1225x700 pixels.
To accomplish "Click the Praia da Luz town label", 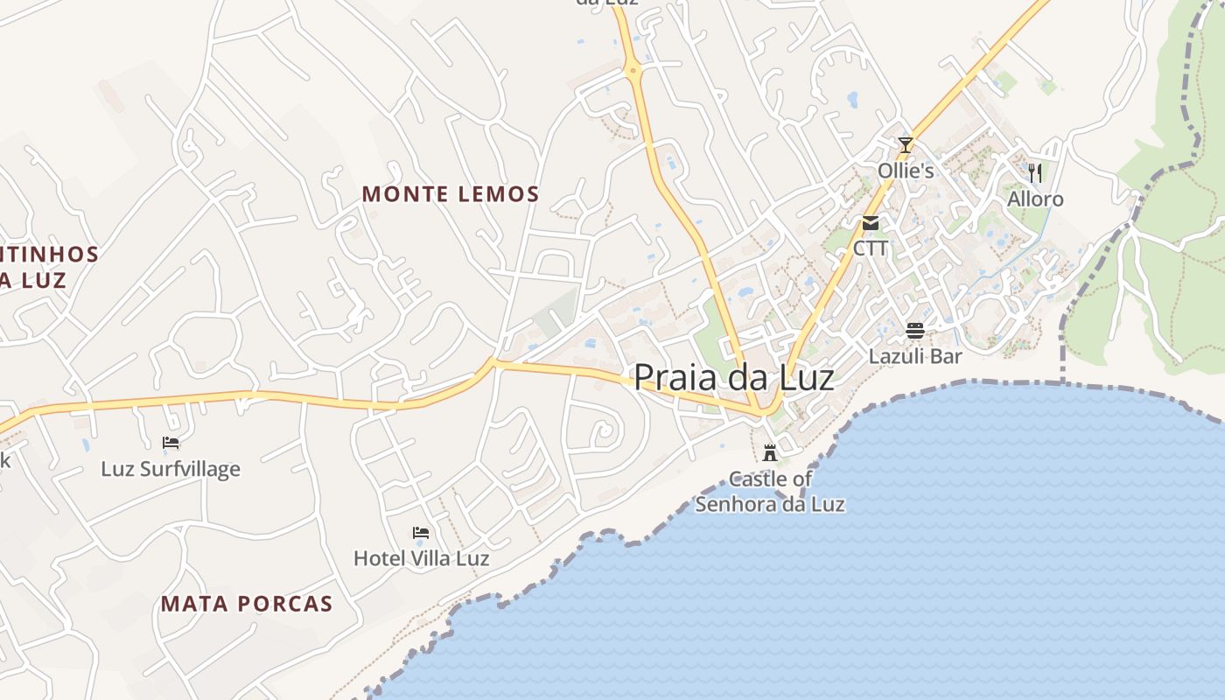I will pos(733,377).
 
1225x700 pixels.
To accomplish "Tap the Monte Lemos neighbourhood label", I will pos(451,194).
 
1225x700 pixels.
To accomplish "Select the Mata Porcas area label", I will pos(247,604).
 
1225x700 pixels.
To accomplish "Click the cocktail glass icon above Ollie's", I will pos(906,145).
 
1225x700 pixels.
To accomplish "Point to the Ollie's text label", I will pos(906,171).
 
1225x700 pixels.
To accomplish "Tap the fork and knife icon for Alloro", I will pos(1035,172).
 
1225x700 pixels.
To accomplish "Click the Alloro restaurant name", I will pos(1035,199).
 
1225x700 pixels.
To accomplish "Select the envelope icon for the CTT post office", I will pos(871,223).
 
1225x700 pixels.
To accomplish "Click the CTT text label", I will pos(871,248).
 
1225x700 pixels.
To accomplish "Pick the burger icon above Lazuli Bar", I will pos(915,331).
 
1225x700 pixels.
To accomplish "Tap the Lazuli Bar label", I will pos(915,356).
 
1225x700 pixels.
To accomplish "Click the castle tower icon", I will pos(770,452).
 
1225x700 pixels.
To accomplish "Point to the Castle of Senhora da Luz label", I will pos(770,492).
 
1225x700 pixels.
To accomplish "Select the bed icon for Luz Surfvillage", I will pos(171,443).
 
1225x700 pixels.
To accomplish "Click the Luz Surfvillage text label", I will pos(171,469).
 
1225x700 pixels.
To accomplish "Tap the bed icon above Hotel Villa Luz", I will pos(421,532).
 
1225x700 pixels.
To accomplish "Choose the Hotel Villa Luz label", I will pos(421,557).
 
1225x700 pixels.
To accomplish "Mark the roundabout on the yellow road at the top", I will pos(633,69).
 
